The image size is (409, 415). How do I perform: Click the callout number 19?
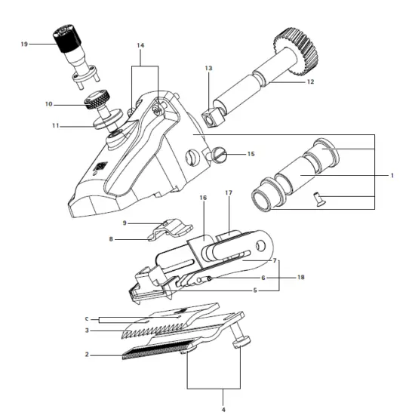24,44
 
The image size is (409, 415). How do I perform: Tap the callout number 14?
140,45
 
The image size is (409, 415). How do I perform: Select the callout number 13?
208,68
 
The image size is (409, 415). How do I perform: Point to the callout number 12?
310,81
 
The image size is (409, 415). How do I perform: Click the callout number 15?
251,154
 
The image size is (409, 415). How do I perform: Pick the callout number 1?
392,176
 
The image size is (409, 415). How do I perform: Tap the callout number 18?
301,278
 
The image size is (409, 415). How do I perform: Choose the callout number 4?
223,410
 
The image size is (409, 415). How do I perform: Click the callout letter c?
87,319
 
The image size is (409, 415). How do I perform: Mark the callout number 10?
49,104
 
